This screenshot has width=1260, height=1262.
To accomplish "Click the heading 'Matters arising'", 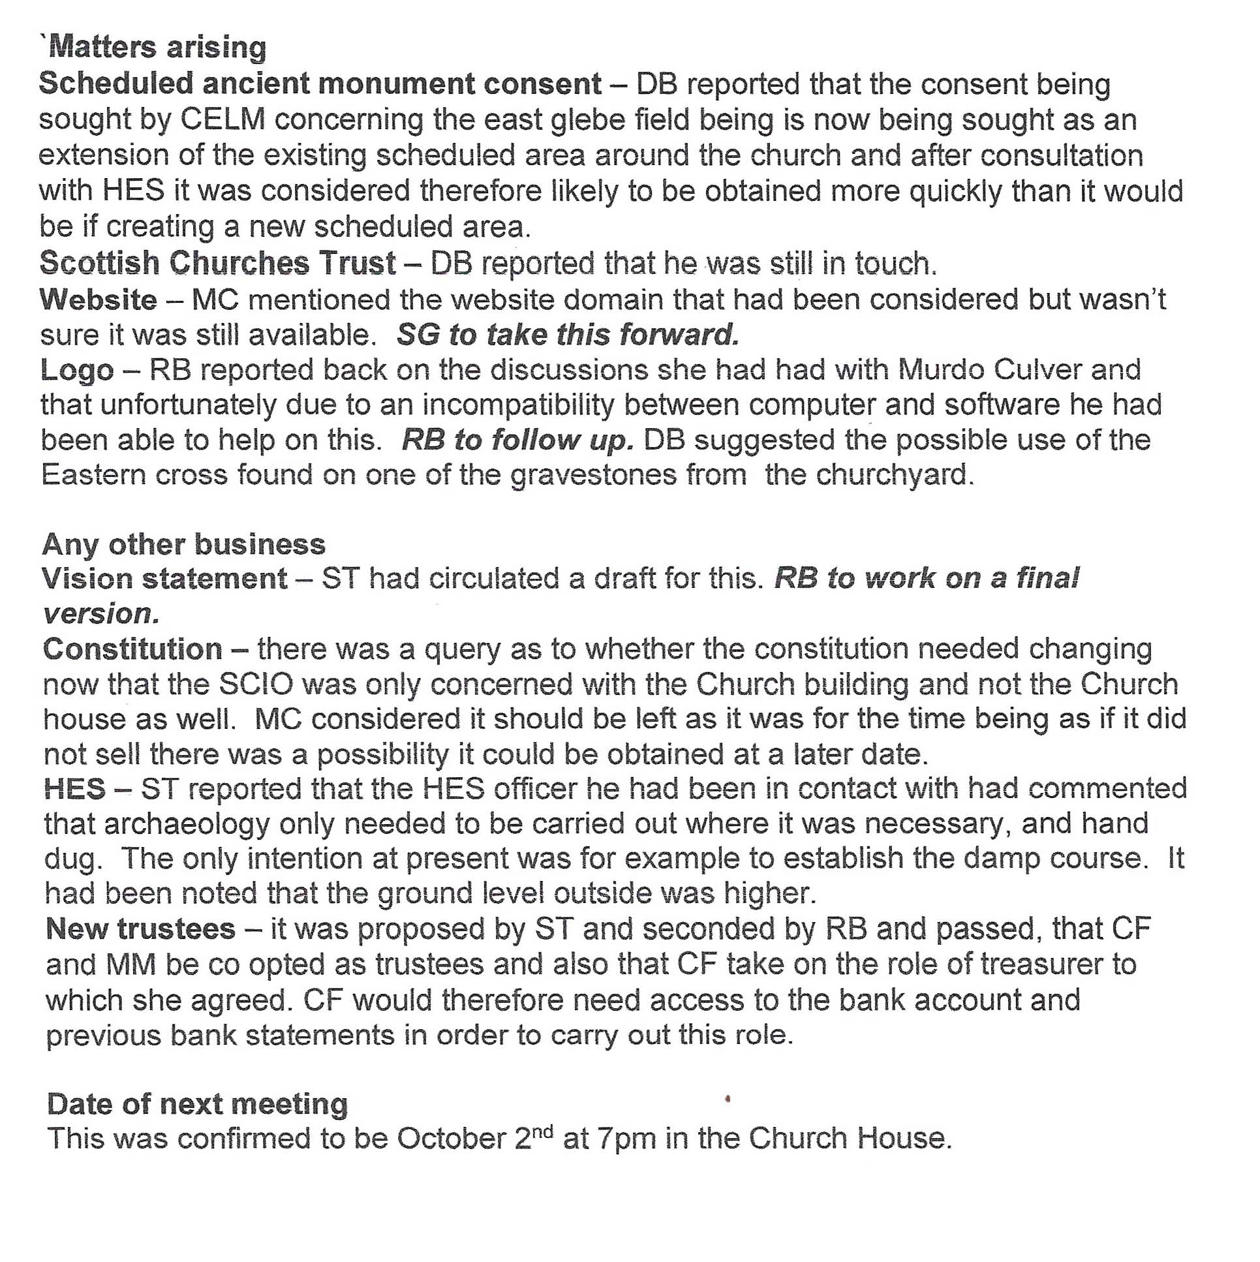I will pos(157,48).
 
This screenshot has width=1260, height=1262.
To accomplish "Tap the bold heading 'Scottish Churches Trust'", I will pos(217,262).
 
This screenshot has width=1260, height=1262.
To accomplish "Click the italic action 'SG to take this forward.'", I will pos(568,335).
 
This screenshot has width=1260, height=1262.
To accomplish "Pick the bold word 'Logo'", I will pos(77,371).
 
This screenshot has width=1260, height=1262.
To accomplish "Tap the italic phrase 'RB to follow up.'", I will pos(517,440).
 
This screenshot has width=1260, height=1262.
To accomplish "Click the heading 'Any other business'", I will pos(183,544).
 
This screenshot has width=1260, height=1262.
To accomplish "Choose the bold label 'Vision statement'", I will pos(164,579).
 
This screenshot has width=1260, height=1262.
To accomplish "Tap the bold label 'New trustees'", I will pos(140,929).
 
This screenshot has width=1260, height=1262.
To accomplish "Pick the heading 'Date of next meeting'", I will pos(197,1104).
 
